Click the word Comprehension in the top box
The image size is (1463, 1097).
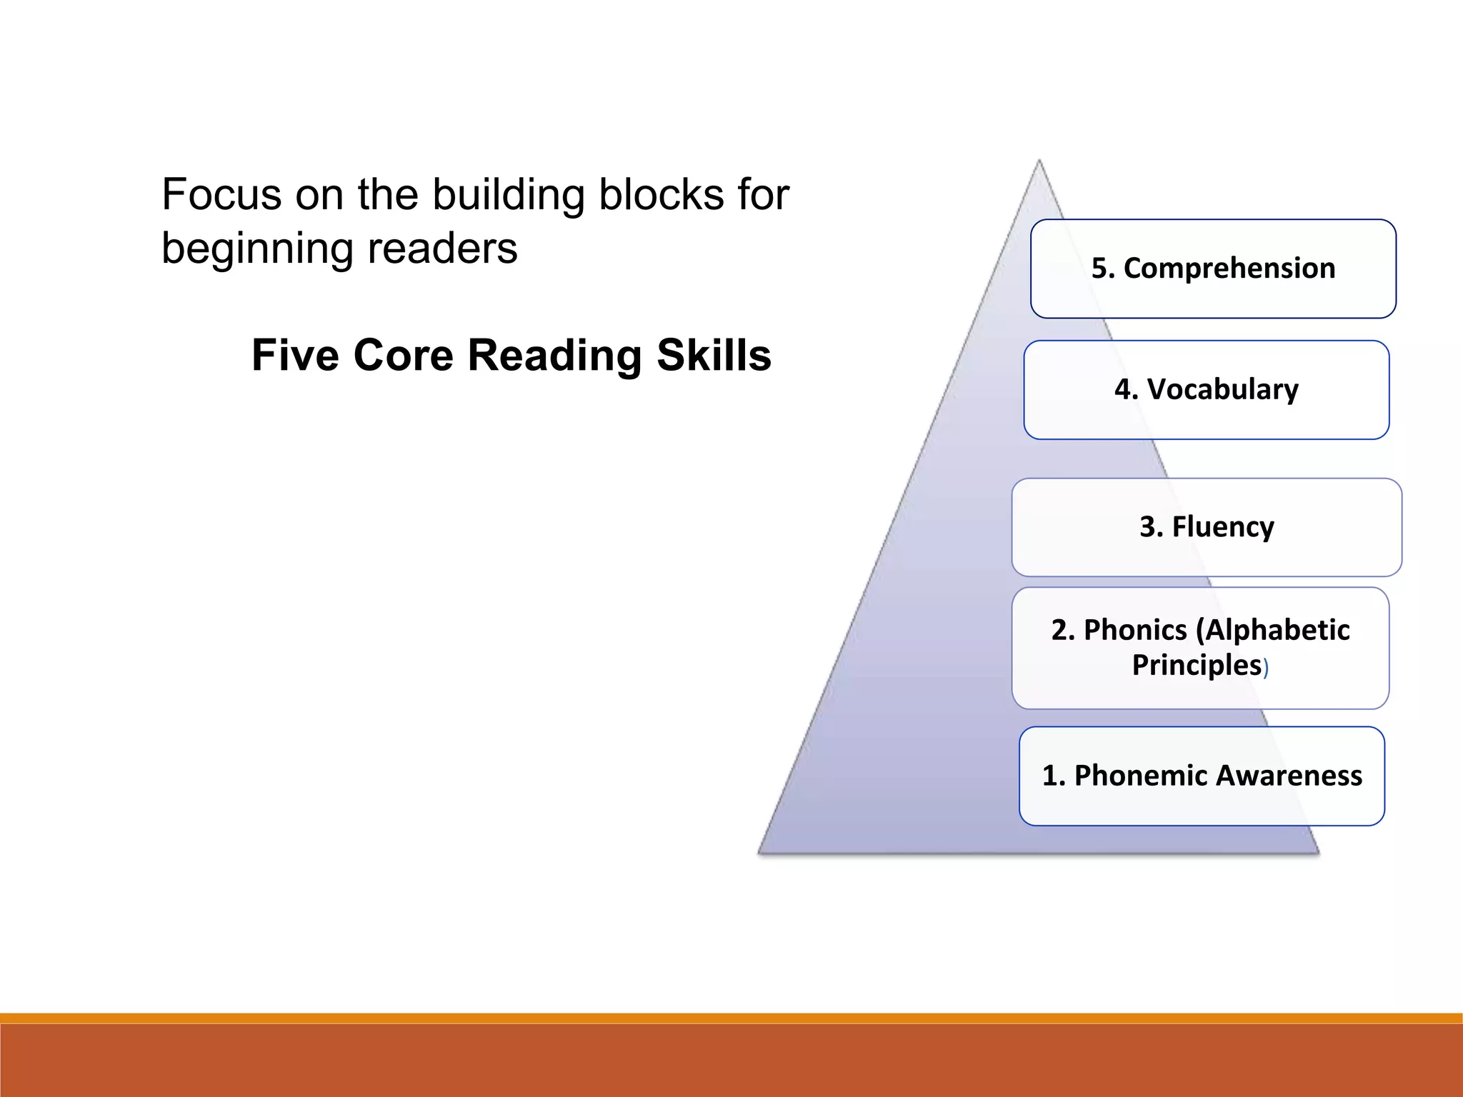point(1229,269)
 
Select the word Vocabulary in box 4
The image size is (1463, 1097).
point(1222,390)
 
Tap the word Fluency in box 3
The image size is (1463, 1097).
point(1222,527)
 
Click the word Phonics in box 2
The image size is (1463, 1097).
point(1135,630)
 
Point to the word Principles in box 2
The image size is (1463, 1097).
point(1197,665)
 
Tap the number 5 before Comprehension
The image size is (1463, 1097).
point(1099,269)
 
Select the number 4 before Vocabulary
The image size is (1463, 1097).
point(1122,390)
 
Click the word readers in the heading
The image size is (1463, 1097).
point(442,249)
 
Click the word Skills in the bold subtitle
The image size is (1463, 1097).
point(714,355)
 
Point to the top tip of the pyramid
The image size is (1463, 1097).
point(1039,161)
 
